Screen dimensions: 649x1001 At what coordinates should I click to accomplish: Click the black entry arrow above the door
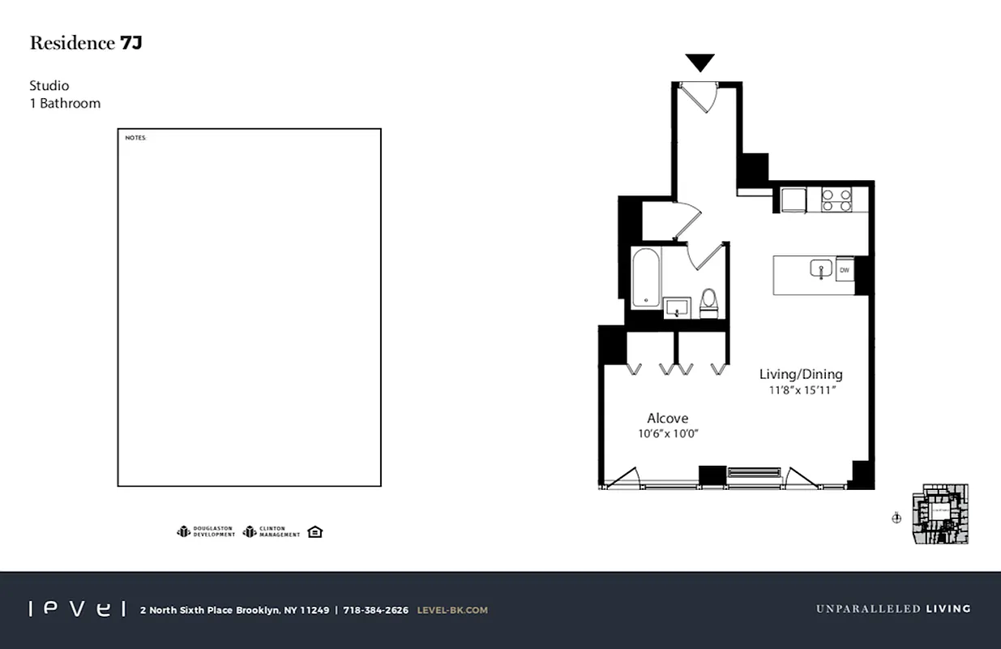[699, 62]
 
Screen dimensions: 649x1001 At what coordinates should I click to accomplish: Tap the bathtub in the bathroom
[646, 278]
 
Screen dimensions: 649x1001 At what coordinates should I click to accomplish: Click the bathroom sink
[676, 307]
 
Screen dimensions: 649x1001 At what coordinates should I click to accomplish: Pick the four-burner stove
[837, 200]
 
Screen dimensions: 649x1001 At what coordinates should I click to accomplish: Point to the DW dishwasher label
[844, 270]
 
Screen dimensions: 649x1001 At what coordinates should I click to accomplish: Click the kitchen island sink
[821, 269]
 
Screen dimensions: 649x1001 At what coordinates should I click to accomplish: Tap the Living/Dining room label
[801, 374]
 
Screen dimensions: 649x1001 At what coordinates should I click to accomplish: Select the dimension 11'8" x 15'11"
[802, 390]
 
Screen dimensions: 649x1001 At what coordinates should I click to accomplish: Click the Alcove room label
[667, 418]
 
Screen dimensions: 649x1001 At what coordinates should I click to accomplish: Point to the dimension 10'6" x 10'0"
[668, 434]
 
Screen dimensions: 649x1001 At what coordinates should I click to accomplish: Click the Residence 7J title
[86, 44]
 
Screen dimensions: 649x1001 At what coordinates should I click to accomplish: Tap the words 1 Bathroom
[65, 103]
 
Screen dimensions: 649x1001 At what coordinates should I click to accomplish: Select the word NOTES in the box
[135, 138]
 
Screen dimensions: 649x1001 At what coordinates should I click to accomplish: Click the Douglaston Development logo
[206, 532]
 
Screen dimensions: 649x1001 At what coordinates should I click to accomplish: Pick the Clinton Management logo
[272, 532]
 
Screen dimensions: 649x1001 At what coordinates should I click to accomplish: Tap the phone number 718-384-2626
[375, 610]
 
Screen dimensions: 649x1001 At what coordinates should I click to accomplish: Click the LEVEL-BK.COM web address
[452, 610]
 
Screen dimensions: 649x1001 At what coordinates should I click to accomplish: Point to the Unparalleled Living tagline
[892, 608]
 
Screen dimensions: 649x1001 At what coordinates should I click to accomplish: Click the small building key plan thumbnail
[940, 514]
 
